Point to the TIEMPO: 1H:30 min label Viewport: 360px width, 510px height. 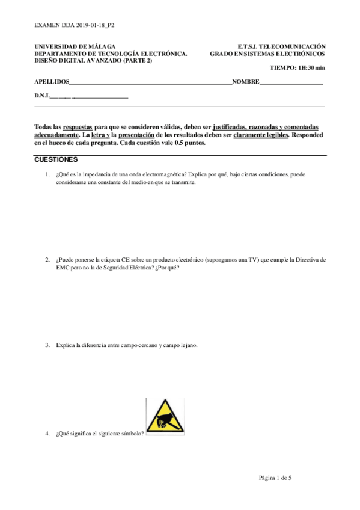pyautogui.click(x=297, y=69)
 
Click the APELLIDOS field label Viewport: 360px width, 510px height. pyautogui.click(x=52, y=82)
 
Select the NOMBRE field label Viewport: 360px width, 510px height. pyautogui.click(x=246, y=82)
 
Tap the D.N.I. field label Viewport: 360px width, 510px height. pyautogui.click(x=41, y=96)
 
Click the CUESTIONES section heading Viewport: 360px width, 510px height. pyautogui.click(x=56, y=161)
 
